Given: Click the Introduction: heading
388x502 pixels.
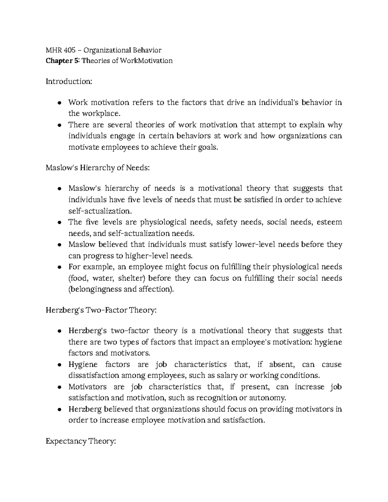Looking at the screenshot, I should [69, 81].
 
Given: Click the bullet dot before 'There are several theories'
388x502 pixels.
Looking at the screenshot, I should [59, 125].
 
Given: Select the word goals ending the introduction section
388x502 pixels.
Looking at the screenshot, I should [204, 148].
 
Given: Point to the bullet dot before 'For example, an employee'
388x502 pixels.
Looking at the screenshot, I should [59, 268].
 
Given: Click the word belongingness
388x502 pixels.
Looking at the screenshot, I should [96, 289].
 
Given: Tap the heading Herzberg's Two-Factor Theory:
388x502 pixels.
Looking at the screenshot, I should [101, 310].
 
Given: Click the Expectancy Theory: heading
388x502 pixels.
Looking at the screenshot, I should [81, 441].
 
